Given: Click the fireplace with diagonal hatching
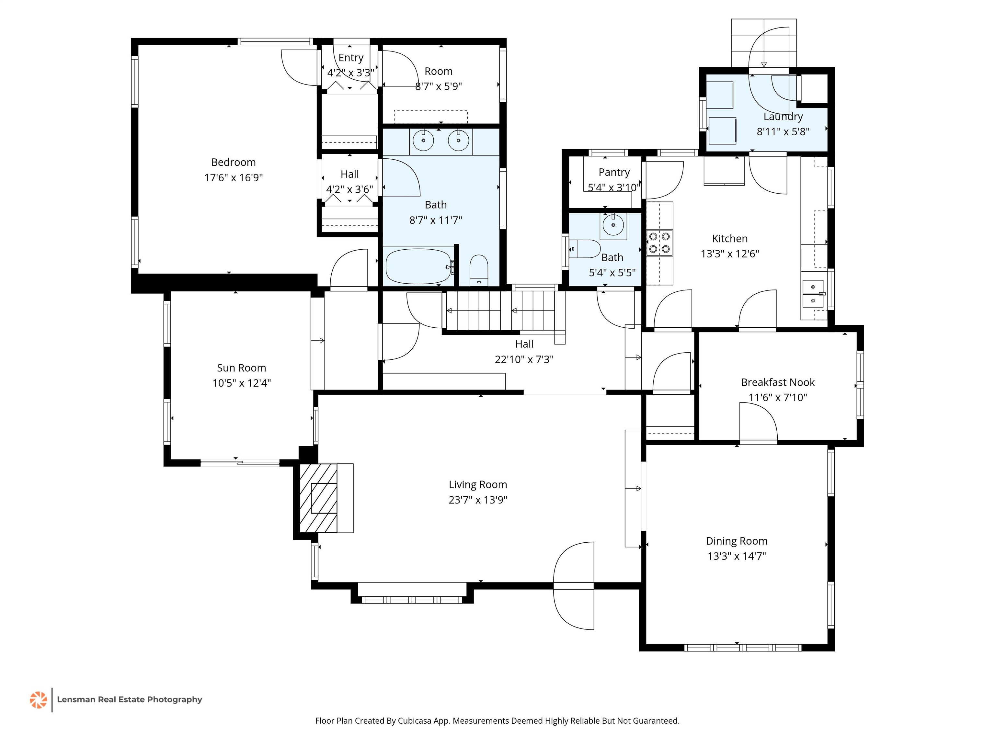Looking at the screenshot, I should pyautogui.click(x=318, y=498).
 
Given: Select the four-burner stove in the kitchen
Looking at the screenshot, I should pyautogui.click(x=659, y=243).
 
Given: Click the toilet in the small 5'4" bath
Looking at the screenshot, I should pyautogui.click(x=585, y=249).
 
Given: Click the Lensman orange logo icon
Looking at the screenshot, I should pyautogui.click(x=38, y=700).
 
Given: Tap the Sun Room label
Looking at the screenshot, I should pyautogui.click(x=242, y=368).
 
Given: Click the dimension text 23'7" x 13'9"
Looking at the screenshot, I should pyautogui.click(x=478, y=500).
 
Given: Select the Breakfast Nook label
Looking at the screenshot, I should pyautogui.click(x=778, y=382).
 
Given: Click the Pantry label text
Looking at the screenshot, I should pyautogui.click(x=614, y=172).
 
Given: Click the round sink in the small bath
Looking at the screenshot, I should pyautogui.click(x=613, y=224).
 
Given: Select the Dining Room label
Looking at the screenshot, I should pyautogui.click(x=736, y=541).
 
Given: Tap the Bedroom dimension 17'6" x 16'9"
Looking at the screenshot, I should pyautogui.click(x=234, y=178).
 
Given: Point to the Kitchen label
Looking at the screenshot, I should pyautogui.click(x=730, y=239).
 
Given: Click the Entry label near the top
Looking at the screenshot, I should pyautogui.click(x=351, y=58).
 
